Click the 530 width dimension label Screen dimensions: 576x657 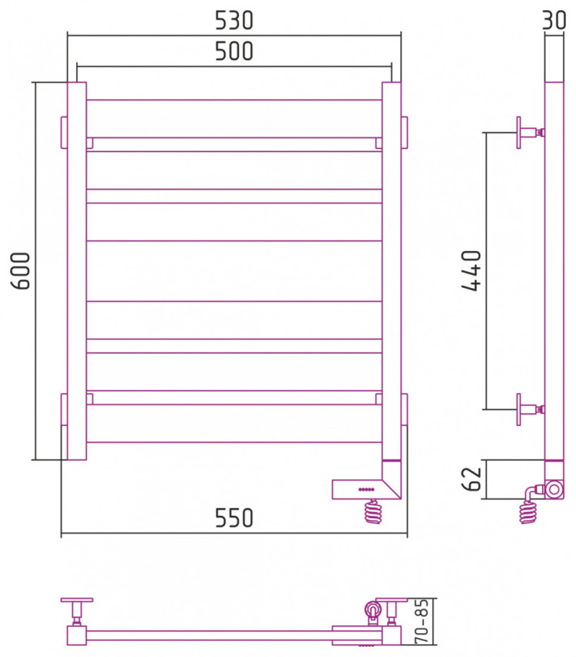click(x=234, y=21)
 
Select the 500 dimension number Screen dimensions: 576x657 click(x=234, y=51)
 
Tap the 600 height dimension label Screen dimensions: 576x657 click(x=21, y=271)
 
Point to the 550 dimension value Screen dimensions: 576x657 click(x=234, y=518)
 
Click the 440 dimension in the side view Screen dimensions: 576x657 click(x=472, y=270)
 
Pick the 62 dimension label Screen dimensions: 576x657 click(x=472, y=478)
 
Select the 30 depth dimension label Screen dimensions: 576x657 click(x=554, y=20)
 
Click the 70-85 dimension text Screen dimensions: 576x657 click(x=422, y=621)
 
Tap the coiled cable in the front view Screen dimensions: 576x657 click(x=373, y=511)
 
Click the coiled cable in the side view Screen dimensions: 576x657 click(x=529, y=508)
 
